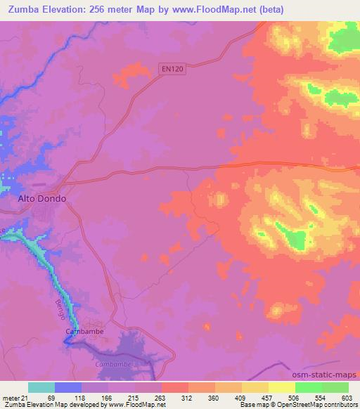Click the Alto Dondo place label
pos(41,199)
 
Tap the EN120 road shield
pos(168,68)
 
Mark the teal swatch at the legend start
pos(41,388)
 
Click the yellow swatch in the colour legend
pos(281,388)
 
